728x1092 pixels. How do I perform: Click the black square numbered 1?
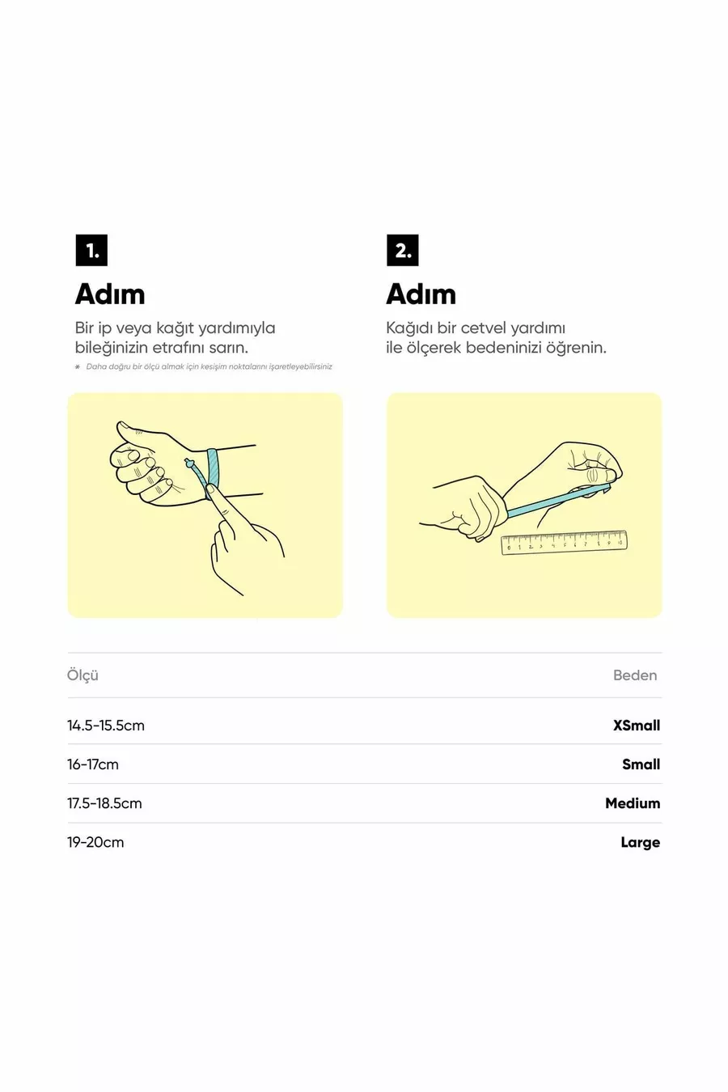coord(91,250)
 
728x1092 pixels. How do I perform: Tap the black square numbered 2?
coord(402,250)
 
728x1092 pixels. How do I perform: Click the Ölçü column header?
coord(83,675)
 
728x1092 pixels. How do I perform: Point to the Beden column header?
coord(635,675)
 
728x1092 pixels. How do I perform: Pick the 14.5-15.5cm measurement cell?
coord(106,726)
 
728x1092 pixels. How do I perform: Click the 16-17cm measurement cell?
coord(93,764)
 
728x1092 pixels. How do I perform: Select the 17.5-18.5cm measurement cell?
coord(104,803)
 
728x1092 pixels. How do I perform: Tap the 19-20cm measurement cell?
coord(95,842)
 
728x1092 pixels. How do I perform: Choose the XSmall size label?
coord(637,726)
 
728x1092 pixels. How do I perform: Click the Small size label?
coord(641,764)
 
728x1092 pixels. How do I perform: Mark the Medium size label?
coord(633,803)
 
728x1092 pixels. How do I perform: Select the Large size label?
coord(640,843)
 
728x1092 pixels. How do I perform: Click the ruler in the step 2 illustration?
coord(564,543)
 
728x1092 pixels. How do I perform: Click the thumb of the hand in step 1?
coord(133,431)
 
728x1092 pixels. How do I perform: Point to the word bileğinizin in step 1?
coord(111,349)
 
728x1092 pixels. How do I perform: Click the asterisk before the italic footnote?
coord(78,366)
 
